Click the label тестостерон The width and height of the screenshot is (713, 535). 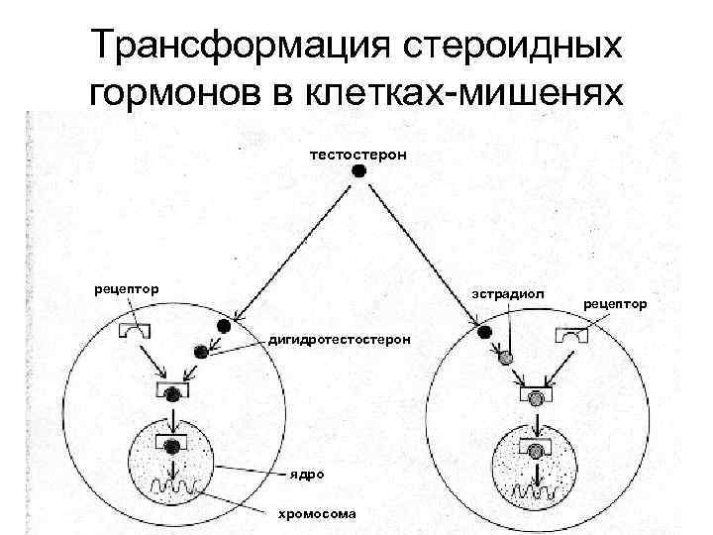tap(357, 155)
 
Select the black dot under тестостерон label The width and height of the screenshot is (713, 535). tap(359, 171)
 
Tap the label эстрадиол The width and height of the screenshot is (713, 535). tap(506, 294)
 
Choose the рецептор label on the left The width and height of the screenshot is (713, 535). tap(126, 289)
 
